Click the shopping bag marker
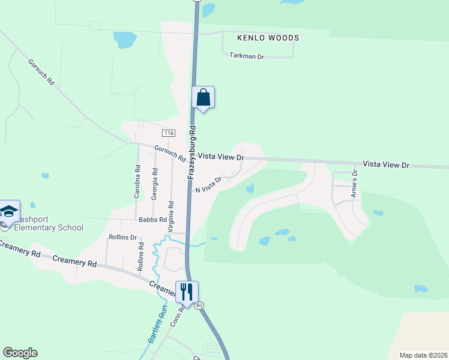coord(203,97)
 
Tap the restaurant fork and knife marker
coord(187,292)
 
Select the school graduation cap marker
coord(9,211)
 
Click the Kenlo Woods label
coord(268,38)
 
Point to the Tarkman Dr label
coord(247,56)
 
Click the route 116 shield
coord(168,132)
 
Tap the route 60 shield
coord(199,305)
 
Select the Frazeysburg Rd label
coord(192,152)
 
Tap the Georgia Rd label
coord(155,184)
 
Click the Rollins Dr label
coord(122,237)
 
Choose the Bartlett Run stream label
coord(154,328)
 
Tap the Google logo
coord(20,353)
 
